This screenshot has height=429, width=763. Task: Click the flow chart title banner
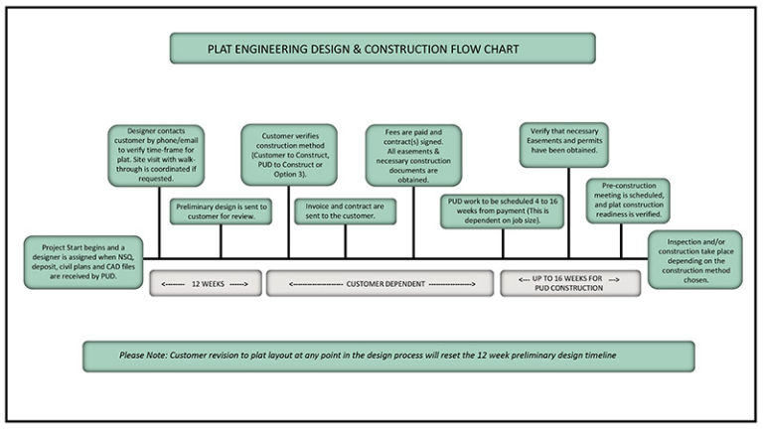[382, 48]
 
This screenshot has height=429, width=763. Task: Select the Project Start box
[82, 261]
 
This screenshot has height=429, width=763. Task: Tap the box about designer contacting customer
[158, 155]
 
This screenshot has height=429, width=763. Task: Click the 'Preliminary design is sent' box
[221, 211]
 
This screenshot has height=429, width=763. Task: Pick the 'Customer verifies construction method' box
[289, 155]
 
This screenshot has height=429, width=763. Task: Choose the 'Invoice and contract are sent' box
[345, 211]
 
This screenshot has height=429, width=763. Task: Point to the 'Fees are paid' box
[414, 155]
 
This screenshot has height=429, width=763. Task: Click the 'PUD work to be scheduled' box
[503, 211]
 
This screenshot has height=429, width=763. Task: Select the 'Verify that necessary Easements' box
[563, 145]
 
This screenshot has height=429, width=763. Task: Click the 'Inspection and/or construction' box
[694, 259]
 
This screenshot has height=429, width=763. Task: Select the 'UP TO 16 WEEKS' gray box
[570, 283]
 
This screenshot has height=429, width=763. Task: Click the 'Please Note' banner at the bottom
[388, 356]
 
